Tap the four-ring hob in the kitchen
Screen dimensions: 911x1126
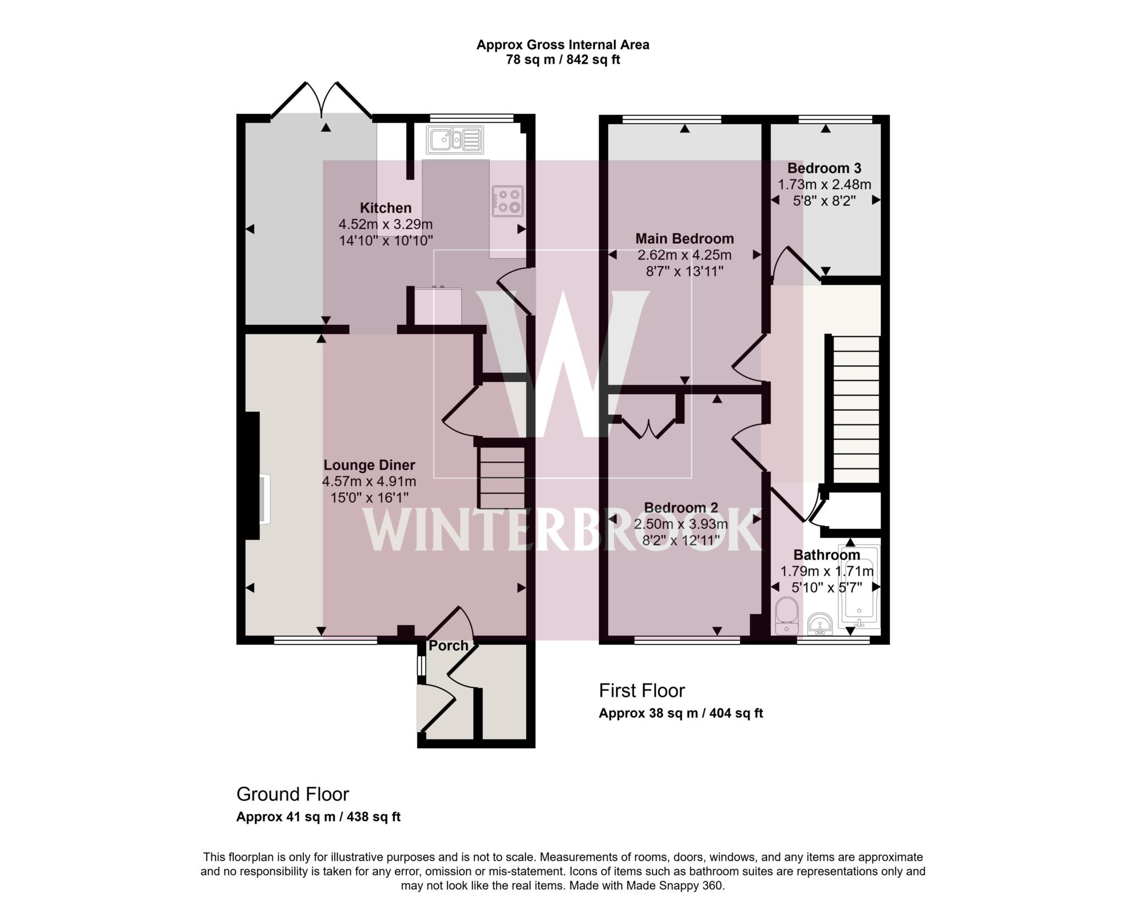coord(508,201)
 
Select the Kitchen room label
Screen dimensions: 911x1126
coord(385,208)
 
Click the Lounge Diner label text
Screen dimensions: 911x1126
coord(369,465)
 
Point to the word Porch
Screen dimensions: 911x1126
coord(448,645)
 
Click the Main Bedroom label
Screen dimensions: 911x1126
coord(685,239)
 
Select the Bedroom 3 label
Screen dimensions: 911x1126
coord(824,168)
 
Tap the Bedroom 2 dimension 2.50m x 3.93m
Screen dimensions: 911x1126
coord(681,524)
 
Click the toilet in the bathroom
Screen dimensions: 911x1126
coord(786,617)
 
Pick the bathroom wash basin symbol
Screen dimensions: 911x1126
coord(820,624)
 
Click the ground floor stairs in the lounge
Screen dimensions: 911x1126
coord(501,477)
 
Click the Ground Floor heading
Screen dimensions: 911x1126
coord(292,794)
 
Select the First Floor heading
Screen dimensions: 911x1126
coord(642,690)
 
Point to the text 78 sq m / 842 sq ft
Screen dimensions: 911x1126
coord(562,59)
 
